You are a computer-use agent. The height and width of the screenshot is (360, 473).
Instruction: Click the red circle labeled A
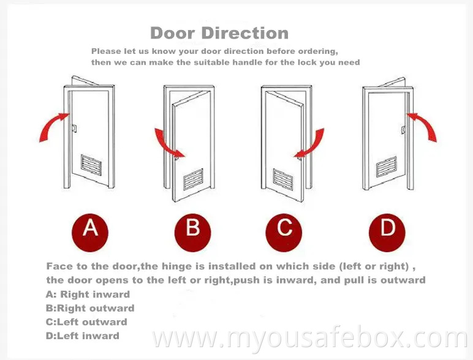91,229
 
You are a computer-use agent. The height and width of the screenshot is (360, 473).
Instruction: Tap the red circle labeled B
192,230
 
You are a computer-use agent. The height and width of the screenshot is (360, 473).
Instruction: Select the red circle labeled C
284,229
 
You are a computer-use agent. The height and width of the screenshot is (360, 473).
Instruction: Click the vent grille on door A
93,164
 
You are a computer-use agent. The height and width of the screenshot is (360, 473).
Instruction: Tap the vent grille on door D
387,165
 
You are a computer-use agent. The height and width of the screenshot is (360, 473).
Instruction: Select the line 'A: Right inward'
88,294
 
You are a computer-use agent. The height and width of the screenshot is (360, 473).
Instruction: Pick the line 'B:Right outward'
90,308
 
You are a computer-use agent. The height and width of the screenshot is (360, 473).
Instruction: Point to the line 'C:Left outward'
86,322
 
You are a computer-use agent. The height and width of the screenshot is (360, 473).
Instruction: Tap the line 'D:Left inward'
83,336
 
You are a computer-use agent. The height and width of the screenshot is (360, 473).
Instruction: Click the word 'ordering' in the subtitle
312,51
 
